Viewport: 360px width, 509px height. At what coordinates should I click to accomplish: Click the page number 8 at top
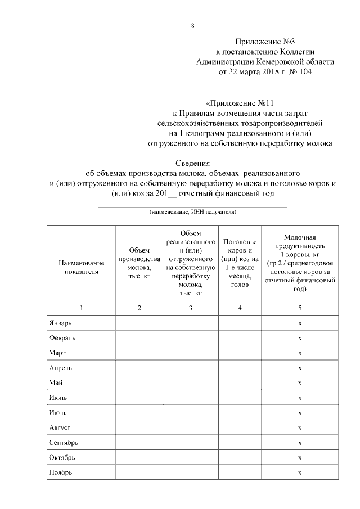pos(193,26)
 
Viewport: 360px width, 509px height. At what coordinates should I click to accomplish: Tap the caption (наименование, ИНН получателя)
pos(192,212)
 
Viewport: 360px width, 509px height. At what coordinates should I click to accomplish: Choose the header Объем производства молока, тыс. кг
pos(139,263)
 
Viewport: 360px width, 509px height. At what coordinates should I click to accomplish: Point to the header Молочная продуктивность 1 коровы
pos(300,263)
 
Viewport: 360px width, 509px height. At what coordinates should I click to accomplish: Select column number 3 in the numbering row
pos(191,308)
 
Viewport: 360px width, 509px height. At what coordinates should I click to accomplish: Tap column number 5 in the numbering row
pos(300,308)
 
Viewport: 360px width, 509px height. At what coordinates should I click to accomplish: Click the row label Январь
pos(60,323)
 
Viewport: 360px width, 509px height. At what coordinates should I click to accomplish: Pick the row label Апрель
pos(60,368)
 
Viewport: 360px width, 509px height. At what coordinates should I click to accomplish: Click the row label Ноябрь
pos(61,472)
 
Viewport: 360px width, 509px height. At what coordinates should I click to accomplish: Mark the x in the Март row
pos(300,353)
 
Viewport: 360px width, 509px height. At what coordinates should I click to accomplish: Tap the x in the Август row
pos(300,428)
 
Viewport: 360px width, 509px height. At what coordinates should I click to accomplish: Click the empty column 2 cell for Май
pos(139,382)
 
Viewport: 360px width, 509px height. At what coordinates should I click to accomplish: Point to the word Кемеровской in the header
pos(281,61)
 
